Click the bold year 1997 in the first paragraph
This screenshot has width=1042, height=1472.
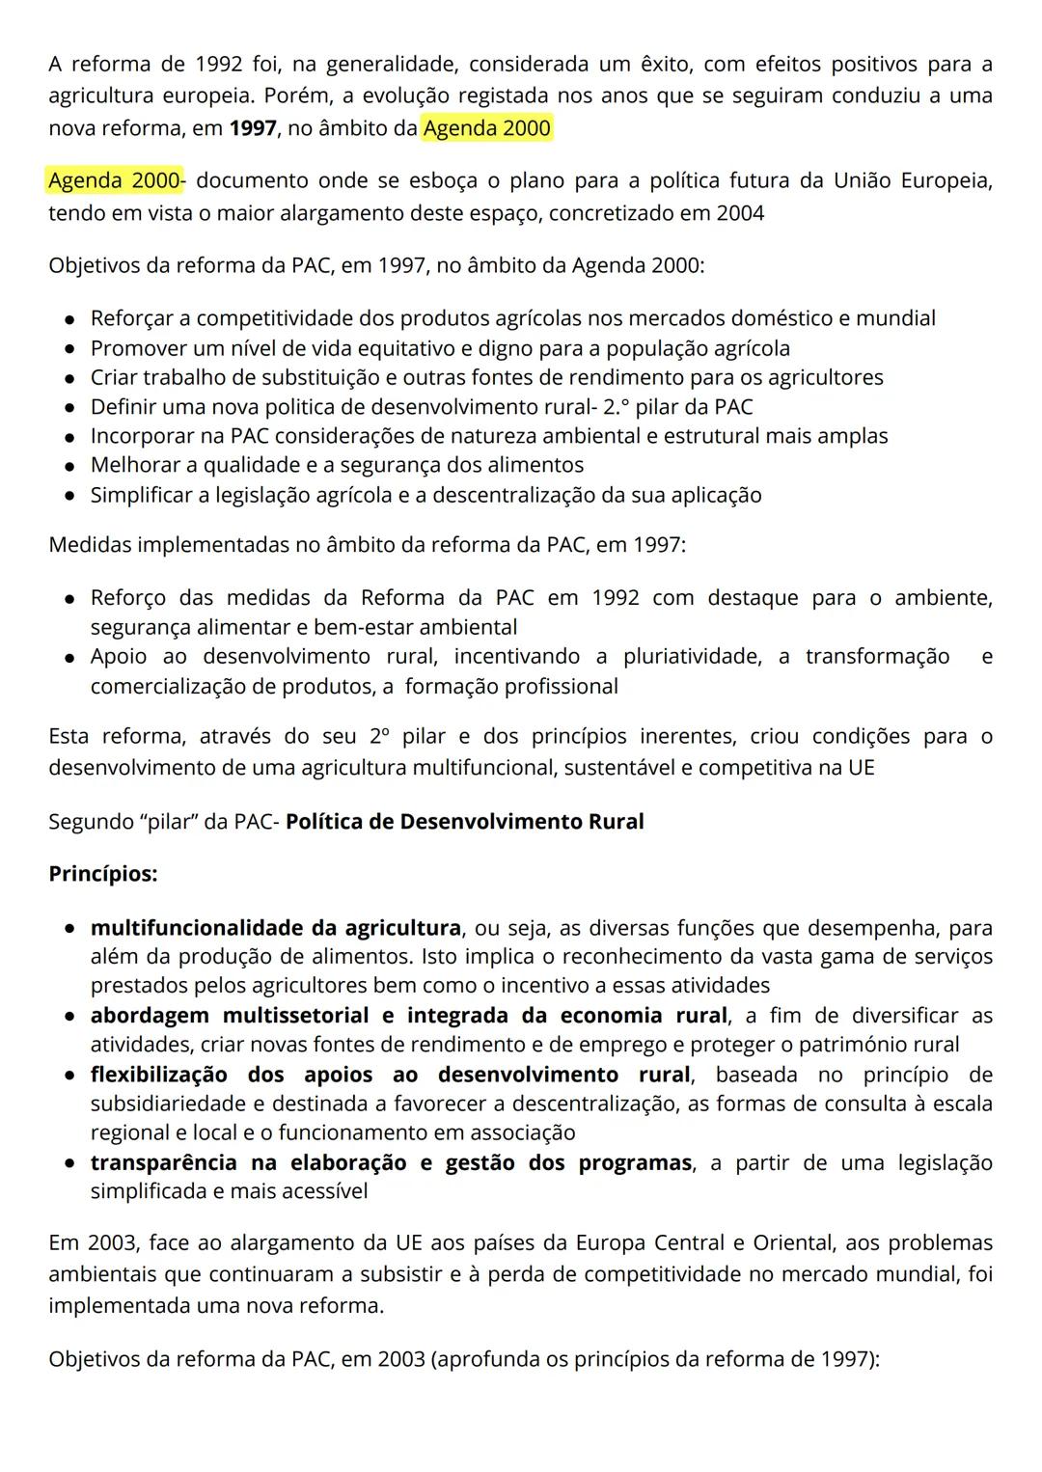(x=253, y=128)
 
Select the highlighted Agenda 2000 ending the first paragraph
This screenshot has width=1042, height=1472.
(x=487, y=128)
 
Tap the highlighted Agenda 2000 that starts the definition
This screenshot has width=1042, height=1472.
(x=114, y=180)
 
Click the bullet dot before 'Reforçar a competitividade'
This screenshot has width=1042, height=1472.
(x=70, y=319)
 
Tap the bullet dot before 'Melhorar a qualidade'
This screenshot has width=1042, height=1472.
(x=70, y=466)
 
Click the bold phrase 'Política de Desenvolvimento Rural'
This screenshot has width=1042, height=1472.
(x=465, y=822)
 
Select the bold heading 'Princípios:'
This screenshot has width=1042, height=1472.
(x=103, y=874)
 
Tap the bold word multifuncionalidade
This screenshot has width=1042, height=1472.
(x=198, y=928)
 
